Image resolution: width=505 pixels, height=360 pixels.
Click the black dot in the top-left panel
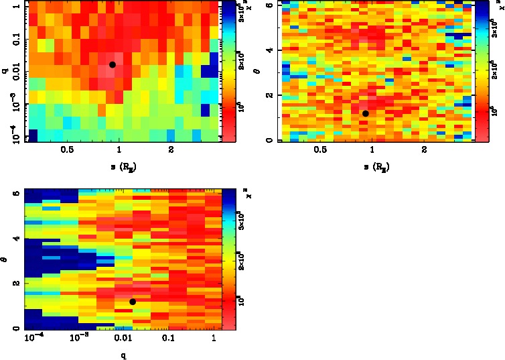click(x=113, y=64)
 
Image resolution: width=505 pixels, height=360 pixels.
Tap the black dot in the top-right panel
click(x=365, y=113)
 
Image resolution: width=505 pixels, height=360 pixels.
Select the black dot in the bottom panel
click(x=133, y=302)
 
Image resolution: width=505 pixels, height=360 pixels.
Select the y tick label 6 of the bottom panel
click(x=15, y=193)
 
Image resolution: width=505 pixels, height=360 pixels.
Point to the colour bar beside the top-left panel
click(x=228, y=71)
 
